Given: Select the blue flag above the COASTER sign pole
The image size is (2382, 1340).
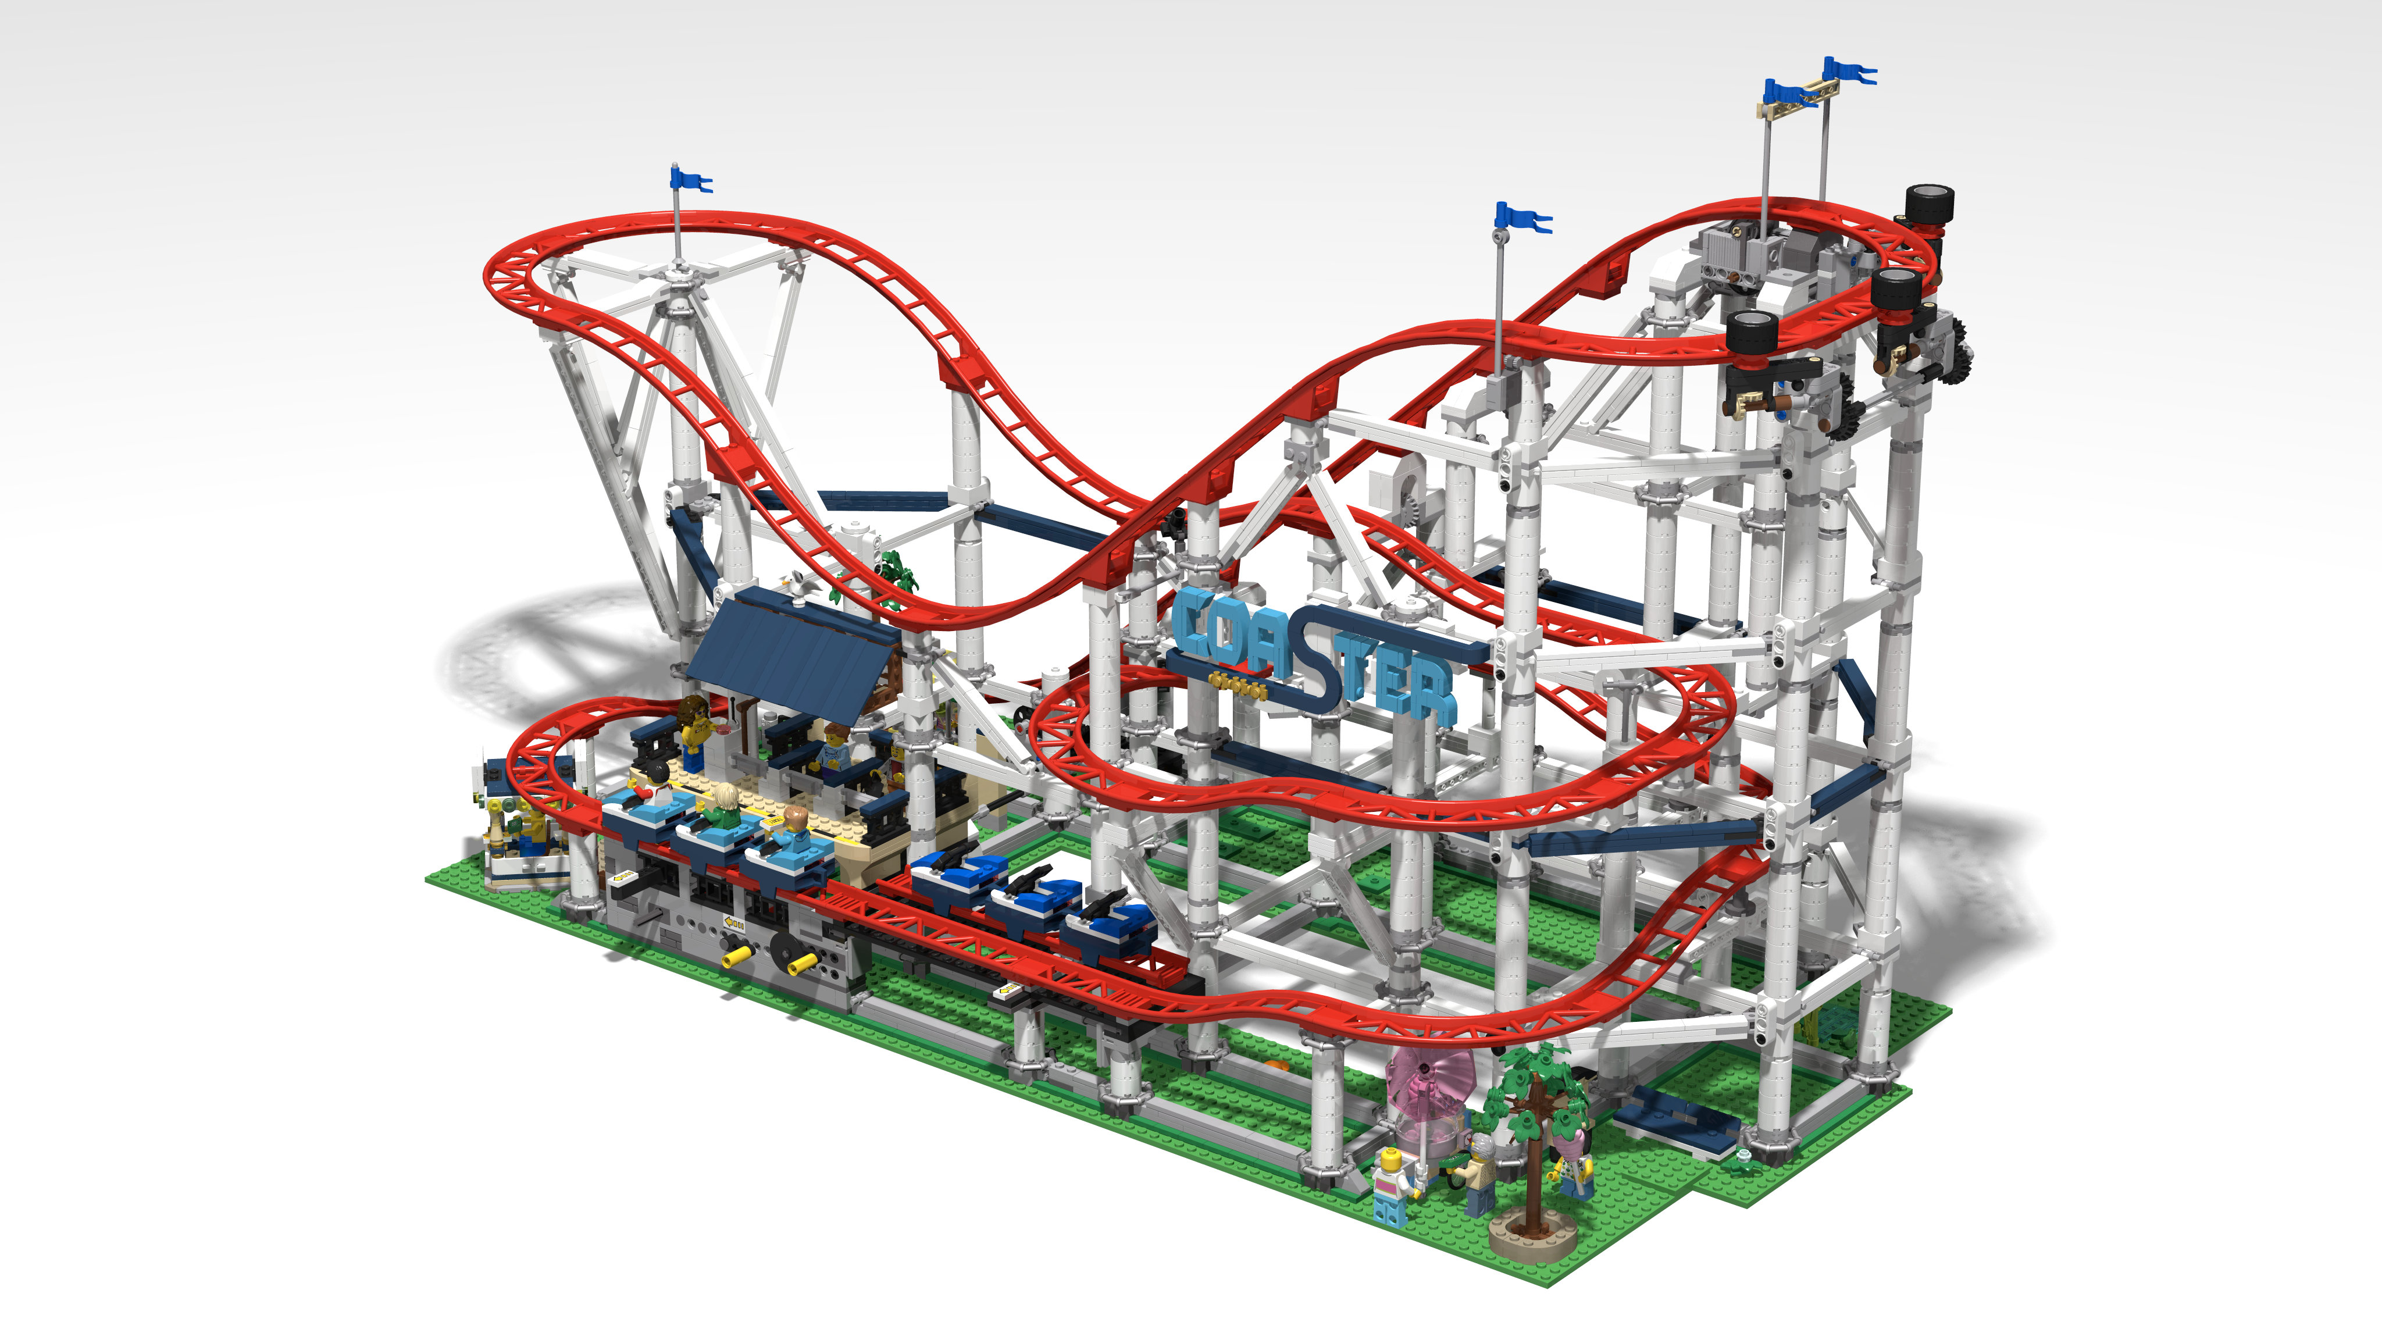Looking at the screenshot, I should click(x=1521, y=218).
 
